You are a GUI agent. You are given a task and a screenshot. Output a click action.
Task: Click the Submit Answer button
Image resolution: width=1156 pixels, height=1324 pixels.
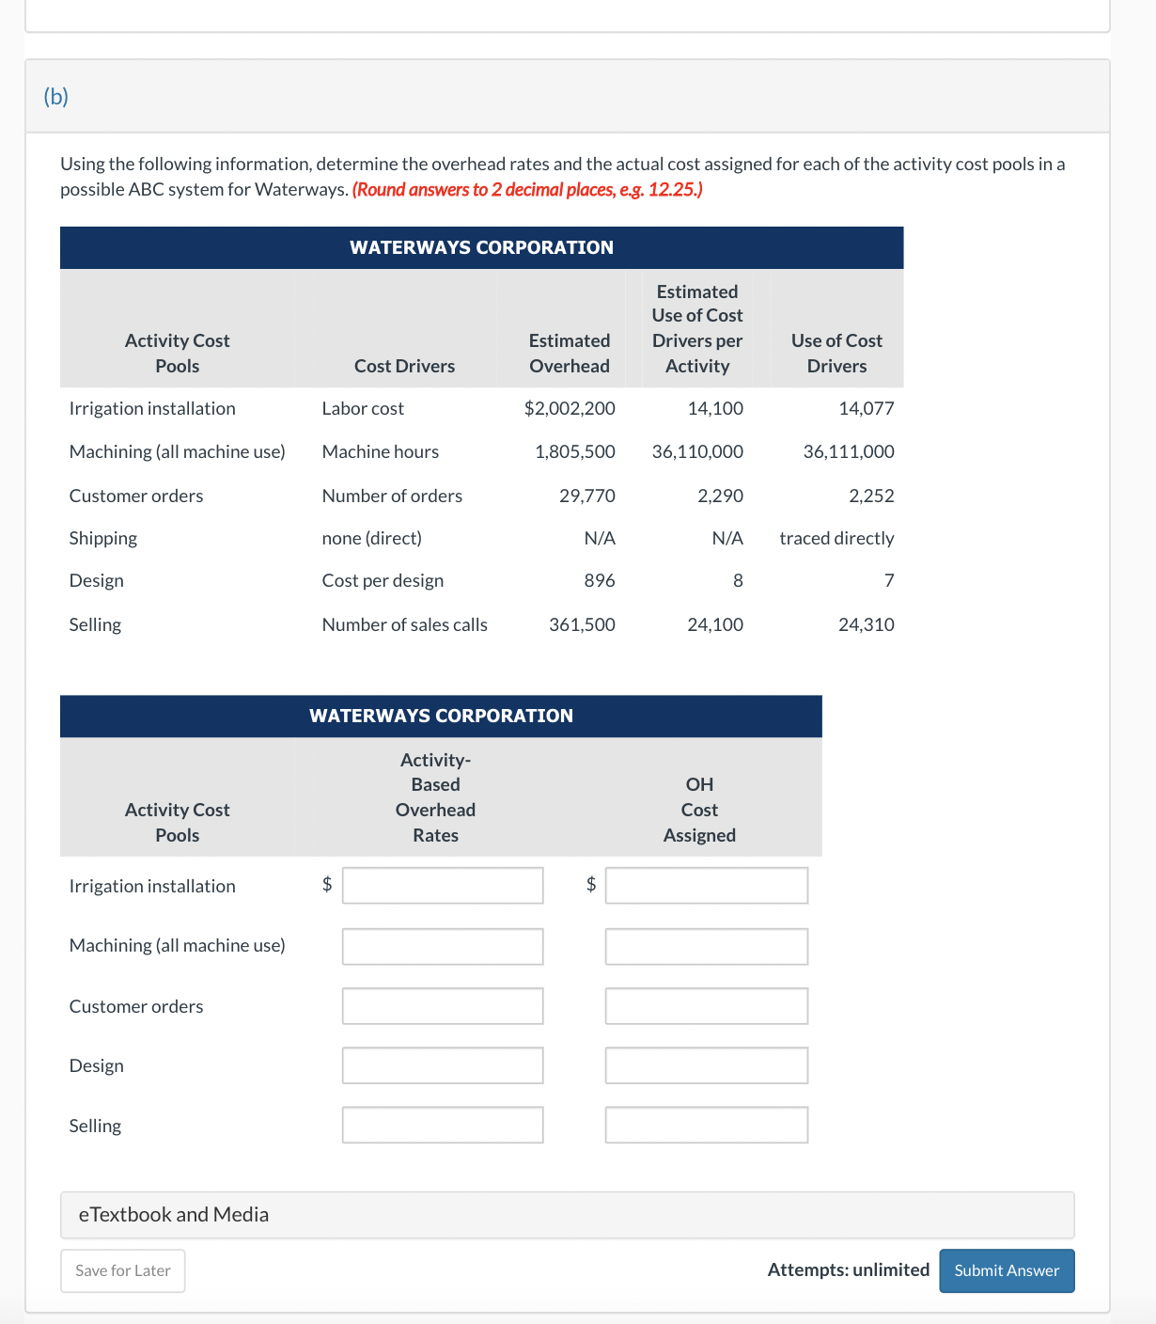[x=1007, y=1270]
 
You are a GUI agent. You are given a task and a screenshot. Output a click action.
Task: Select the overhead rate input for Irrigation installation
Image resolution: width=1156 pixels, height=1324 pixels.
[x=443, y=886]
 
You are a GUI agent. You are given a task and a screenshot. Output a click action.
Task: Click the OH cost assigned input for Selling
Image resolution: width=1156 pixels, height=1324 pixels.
[x=706, y=1125]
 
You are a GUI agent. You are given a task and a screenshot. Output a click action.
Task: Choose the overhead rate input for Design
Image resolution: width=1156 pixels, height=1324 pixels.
[x=443, y=1065]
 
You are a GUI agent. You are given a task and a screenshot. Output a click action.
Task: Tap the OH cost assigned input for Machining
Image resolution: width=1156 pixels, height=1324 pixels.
[x=706, y=946]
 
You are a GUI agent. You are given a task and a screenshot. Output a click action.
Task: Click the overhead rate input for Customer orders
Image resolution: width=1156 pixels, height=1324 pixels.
[x=443, y=1006]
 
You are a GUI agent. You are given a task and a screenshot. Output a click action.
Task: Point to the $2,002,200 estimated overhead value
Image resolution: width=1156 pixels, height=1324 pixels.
[x=570, y=408]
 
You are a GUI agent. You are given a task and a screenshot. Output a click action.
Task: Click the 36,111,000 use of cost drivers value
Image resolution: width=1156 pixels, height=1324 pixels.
[x=848, y=451]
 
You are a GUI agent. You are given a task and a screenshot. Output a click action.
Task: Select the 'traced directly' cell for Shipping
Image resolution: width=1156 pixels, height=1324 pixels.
[x=836, y=538]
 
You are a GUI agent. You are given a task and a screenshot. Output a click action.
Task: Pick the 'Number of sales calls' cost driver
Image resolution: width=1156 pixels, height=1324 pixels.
[x=404, y=624]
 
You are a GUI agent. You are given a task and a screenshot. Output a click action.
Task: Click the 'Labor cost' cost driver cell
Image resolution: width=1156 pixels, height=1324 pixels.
[x=363, y=408]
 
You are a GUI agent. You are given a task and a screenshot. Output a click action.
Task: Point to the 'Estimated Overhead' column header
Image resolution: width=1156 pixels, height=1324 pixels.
[x=569, y=354]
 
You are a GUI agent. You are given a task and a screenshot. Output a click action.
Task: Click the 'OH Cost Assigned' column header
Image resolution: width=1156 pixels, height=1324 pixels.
[x=699, y=810]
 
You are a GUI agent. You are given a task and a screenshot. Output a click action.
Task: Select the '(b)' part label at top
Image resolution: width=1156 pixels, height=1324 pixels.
[x=56, y=97]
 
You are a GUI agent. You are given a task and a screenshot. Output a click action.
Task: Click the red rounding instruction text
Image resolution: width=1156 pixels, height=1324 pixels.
[x=527, y=189]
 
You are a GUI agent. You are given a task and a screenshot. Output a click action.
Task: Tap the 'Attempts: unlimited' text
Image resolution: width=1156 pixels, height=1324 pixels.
[x=848, y=1269]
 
